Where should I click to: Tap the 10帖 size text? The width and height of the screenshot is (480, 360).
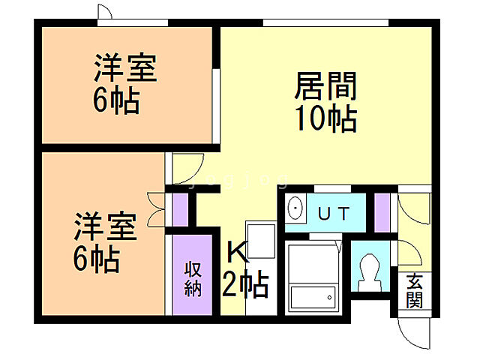click(x=324, y=118)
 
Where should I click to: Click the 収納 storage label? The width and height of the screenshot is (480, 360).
click(x=193, y=277)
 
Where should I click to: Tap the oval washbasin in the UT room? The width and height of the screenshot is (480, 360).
click(x=295, y=209)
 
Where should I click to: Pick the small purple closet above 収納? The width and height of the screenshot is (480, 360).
click(x=180, y=210)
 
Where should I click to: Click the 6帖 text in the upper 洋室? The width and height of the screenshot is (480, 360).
click(x=117, y=100)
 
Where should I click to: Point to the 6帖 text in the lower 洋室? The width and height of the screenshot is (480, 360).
click(x=96, y=259)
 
